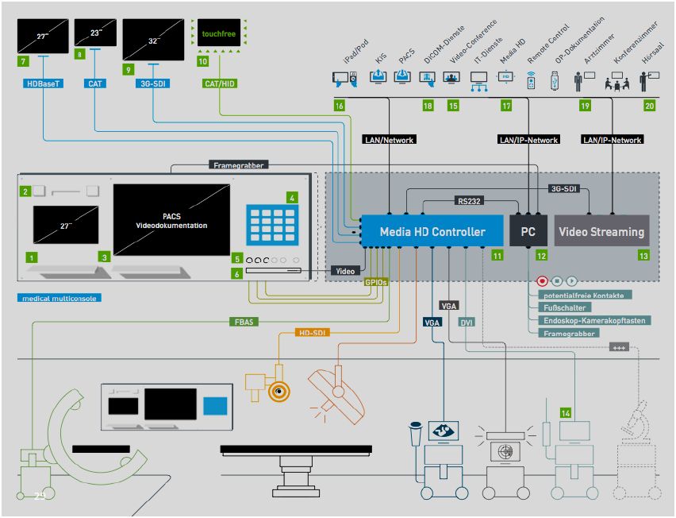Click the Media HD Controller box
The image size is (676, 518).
pyautogui.click(x=432, y=232)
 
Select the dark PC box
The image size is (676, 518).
pyautogui.click(x=529, y=232)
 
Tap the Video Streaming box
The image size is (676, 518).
pyautogui.click(x=601, y=232)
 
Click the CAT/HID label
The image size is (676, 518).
pyautogui.click(x=219, y=83)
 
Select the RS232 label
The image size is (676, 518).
pyautogui.click(x=469, y=201)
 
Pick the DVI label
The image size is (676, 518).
pyautogui.click(x=467, y=322)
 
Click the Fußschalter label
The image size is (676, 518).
pyautogui.click(x=559, y=307)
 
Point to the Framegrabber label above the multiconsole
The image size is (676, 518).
pyautogui.click(x=239, y=165)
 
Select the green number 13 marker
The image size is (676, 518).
pyautogui.click(x=643, y=256)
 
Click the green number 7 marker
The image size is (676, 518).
pyautogui.click(x=23, y=60)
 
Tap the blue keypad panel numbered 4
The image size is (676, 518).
pyautogui.click(x=272, y=225)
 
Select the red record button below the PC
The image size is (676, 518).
pyautogui.click(x=543, y=280)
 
